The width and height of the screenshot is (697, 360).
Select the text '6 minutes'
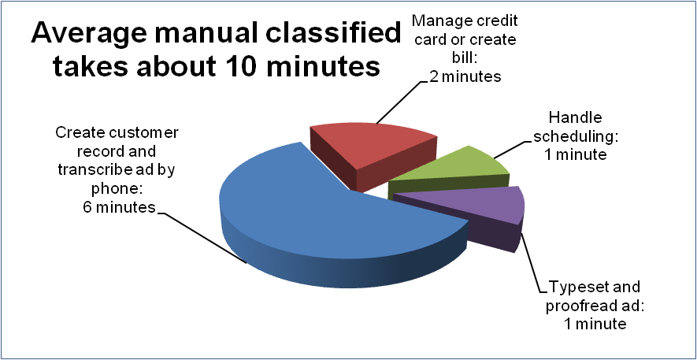120,207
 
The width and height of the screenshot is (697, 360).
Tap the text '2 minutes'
465,76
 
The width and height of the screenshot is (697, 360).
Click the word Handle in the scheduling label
575,118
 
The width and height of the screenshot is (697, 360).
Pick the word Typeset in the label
578,287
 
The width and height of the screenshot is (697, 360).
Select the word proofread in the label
577,306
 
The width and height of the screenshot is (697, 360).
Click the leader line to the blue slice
202,238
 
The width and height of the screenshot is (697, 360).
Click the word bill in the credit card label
464,58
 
